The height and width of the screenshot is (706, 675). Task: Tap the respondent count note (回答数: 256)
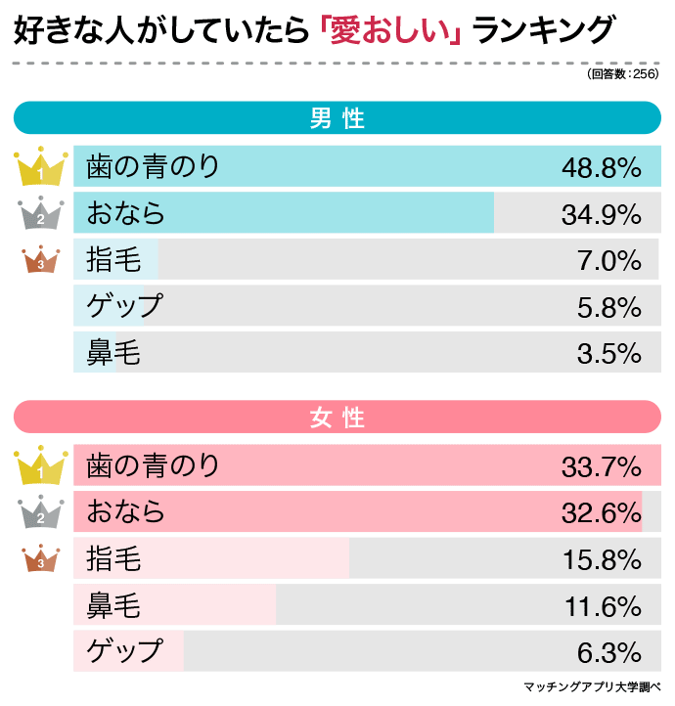pos(622,74)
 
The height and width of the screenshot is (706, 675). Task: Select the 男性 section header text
pos(337,119)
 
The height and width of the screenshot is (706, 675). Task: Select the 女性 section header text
pos(337,418)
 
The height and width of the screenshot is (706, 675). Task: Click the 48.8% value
pos(601,167)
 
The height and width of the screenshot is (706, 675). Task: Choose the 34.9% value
pos(601,214)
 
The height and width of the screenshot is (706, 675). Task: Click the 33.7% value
pos(601,466)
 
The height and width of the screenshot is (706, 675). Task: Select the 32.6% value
pos(601,512)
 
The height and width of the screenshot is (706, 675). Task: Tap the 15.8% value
pos(601,559)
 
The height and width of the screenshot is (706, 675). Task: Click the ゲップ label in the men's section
pos(124,306)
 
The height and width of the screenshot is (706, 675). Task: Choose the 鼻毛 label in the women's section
pos(113,606)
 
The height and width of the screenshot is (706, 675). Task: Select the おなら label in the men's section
pos(126,213)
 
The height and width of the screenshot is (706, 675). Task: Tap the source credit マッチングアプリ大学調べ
pos(593,686)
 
